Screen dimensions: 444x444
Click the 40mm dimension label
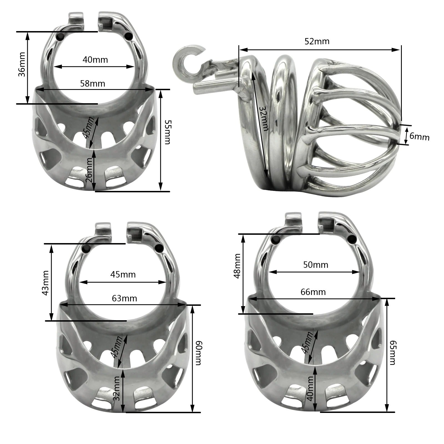pos(95,59)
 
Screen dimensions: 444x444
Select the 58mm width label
pos(92,83)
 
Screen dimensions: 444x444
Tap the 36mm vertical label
pos(22,64)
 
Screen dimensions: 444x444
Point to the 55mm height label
pos(167,132)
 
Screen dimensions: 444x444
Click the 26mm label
pos(89,170)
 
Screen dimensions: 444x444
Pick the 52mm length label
pos(317,41)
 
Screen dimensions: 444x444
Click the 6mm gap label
pos(419,137)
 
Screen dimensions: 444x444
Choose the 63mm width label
pos(124,298)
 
